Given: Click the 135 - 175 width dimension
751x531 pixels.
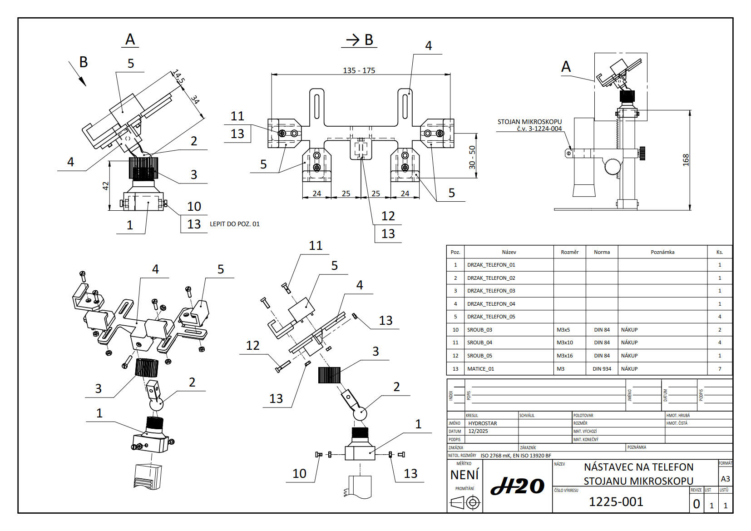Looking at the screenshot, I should [359, 70].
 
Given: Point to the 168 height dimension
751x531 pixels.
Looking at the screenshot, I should [686, 159].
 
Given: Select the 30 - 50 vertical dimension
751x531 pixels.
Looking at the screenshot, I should [472, 157].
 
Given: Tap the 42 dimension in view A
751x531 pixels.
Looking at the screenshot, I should [106, 186].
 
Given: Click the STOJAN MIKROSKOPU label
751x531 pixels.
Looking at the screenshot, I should [529, 122].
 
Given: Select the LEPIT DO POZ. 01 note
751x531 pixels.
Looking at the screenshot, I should [234, 224].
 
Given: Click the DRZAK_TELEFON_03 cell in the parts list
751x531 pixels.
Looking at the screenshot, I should [491, 291].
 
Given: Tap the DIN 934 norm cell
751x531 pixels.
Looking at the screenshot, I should [602, 369].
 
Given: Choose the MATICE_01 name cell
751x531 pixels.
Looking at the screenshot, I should [480, 369].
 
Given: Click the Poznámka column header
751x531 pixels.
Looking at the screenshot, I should [662, 252].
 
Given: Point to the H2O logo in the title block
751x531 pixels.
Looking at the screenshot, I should [517, 487].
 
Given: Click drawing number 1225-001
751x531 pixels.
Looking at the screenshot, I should [616, 501].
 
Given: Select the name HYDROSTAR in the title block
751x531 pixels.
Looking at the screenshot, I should [482, 423].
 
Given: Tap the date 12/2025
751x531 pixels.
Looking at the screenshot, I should [478, 431].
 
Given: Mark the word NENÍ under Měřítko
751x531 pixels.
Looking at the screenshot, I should [464, 475].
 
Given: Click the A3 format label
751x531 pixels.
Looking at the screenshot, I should [725, 479].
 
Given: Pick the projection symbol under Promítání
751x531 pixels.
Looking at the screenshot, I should [465, 502].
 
